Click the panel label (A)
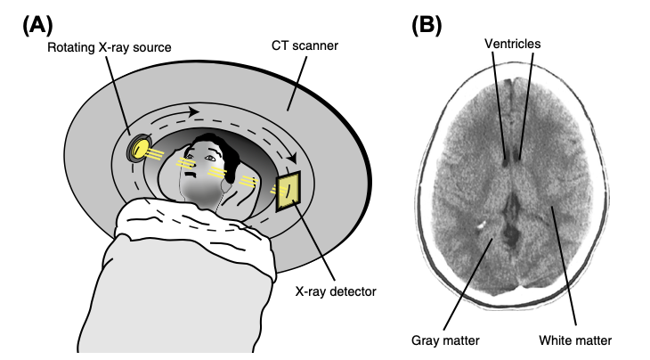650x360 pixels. point(37,25)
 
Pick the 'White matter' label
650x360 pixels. point(575,340)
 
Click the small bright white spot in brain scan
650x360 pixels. point(482,225)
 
